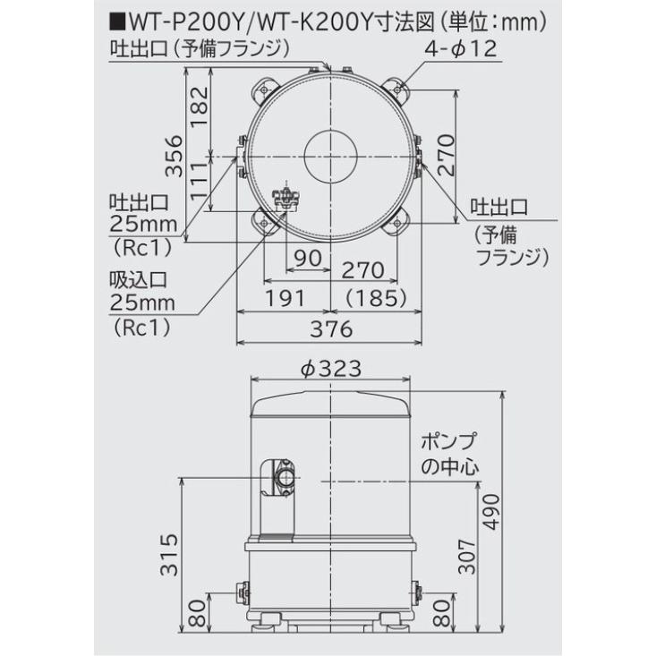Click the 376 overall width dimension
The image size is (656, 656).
click(x=330, y=328)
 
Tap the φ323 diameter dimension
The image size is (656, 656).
click(x=330, y=369)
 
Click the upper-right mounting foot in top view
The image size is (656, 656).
click(x=396, y=90)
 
